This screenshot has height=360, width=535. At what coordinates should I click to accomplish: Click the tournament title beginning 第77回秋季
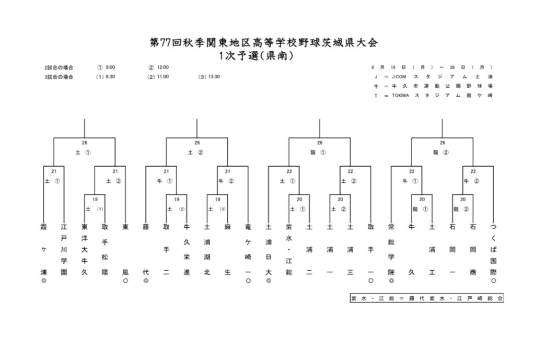pyautogui.click(x=263, y=42)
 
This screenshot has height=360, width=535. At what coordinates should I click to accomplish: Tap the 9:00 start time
pyautogui.click(x=110, y=67)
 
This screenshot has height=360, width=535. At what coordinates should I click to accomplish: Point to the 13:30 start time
pyautogui.click(x=214, y=77)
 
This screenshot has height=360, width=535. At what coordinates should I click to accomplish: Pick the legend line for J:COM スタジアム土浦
pyautogui.click(x=433, y=77)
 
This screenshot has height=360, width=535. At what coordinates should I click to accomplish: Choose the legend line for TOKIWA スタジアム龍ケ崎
pyautogui.click(x=433, y=96)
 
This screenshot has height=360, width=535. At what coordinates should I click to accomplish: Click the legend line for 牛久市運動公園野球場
pyautogui.click(x=433, y=86)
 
